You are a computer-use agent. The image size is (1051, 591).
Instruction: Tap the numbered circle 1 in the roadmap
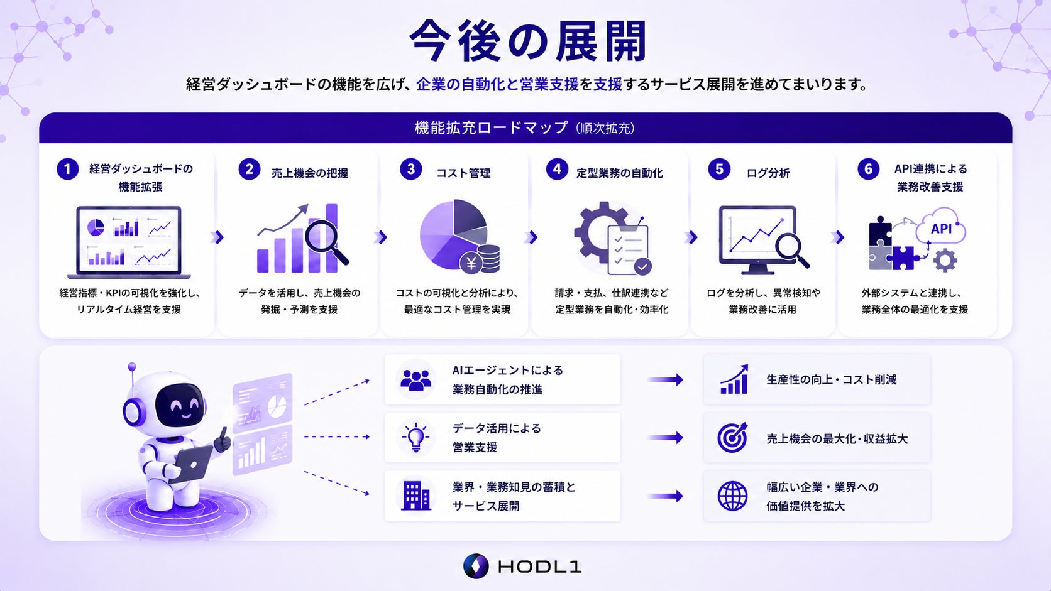(67, 169)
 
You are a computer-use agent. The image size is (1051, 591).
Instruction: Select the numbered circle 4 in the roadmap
(557, 169)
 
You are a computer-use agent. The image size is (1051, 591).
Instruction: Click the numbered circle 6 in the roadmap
(868, 169)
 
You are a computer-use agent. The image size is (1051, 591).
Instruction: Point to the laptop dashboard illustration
(129, 242)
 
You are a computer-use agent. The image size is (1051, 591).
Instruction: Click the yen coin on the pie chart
(471, 263)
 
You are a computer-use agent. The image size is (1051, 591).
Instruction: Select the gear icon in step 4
(600, 232)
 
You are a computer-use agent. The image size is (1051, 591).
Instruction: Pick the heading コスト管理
(463, 173)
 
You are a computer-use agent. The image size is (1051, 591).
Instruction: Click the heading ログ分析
(768, 173)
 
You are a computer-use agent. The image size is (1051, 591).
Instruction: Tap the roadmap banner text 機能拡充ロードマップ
(491, 127)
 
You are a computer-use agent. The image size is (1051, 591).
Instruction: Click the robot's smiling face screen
(180, 405)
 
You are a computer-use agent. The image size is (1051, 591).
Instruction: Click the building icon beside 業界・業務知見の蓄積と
(415, 496)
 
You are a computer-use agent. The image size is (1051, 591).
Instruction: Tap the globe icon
(732, 496)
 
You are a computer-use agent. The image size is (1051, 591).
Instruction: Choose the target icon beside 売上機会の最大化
(732, 438)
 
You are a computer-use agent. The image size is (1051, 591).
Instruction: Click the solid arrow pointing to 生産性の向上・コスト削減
(665, 379)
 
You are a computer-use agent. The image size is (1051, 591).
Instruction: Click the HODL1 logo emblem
(476, 566)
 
